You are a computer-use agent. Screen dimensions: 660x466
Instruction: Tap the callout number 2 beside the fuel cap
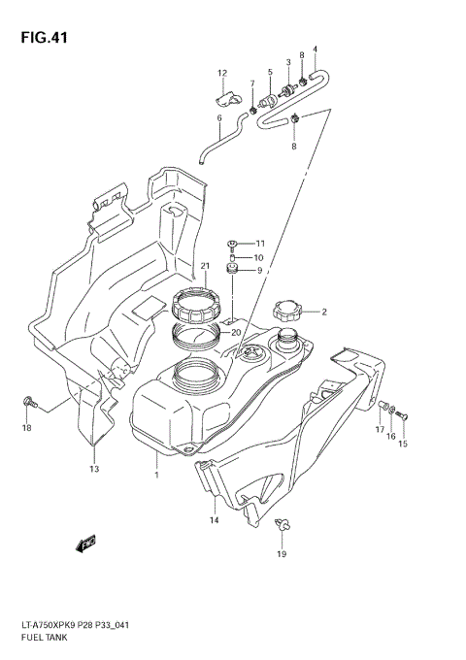(x=324, y=313)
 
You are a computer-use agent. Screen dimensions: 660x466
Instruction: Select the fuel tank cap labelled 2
(x=288, y=312)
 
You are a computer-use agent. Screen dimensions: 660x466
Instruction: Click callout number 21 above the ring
(x=206, y=267)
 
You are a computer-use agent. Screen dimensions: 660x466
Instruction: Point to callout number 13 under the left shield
(x=94, y=469)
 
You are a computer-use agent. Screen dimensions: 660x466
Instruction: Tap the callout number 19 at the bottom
(x=282, y=554)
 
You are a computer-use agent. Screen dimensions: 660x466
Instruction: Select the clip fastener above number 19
(x=282, y=527)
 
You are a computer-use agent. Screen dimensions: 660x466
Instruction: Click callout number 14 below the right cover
(x=214, y=520)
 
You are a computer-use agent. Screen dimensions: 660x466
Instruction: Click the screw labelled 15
(x=404, y=416)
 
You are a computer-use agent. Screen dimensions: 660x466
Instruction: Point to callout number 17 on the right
(x=381, y=429)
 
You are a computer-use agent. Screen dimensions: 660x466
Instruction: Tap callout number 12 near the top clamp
(x=221, y=73)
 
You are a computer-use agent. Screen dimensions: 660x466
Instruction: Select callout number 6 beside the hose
(x=219, y=118)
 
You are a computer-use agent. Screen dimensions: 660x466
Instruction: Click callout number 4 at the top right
(x=315, y=49)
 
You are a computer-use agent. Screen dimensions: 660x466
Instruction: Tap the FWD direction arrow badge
(x=85, y=543)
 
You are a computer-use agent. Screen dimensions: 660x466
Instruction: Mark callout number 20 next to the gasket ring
(x=235, y=332)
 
